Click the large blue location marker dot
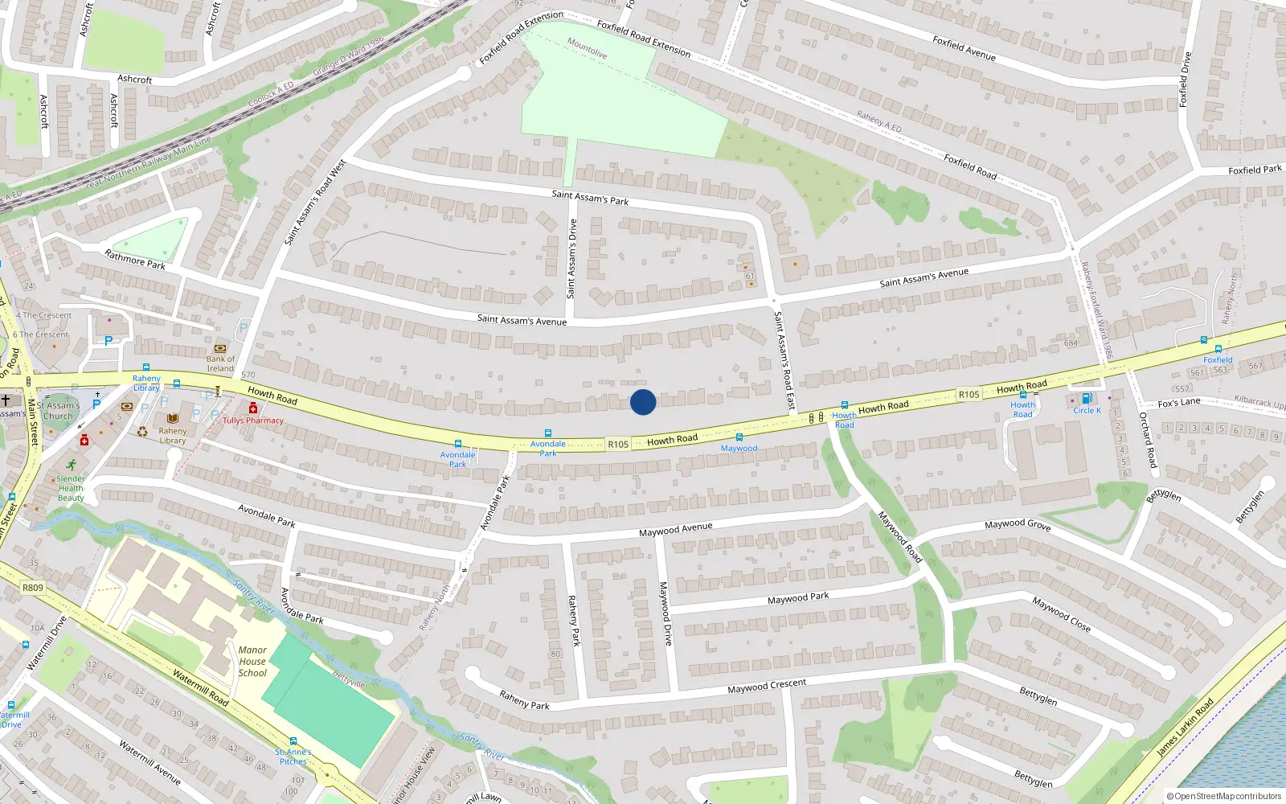click(642, 402)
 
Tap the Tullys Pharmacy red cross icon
click(253, 408)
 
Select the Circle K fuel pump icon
click(1087, 399)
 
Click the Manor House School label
click(252, 662)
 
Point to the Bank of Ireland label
click(220, 363)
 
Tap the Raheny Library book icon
click(173, 419)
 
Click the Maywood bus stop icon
click(739, 437)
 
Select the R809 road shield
click(33, 588)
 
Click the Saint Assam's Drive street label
click(571, 259)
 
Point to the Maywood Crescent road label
click(766, 686)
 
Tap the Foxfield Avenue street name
click(964, 48)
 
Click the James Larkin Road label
click(1185, 728)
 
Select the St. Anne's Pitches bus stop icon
click(293, 741)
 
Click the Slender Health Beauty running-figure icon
click(71, 465)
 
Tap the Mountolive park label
click(587, 48)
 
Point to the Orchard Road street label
click(1147, 440)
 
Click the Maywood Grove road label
click(1018, 524)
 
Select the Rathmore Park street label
click(135, 259)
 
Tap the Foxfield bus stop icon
click(1218, 349)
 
